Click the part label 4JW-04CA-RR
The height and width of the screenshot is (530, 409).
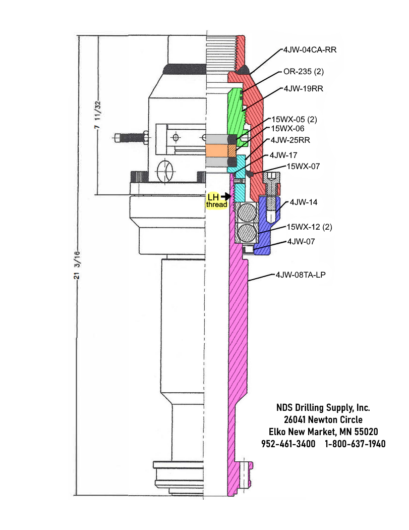click(310, 50)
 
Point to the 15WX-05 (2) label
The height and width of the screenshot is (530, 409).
click(295, 120)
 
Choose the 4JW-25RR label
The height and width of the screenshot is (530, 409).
click(291, 139)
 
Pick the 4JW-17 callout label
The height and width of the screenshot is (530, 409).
click(284, 155)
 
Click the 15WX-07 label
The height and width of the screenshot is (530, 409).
click(303, 166)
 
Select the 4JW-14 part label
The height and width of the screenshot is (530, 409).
click(301, 202)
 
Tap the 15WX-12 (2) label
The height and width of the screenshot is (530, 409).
click(310, 227)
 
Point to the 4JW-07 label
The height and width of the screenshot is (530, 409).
click(301, 242)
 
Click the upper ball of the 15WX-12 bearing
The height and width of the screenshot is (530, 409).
click(247, 214)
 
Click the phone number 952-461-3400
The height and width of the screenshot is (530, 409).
click(288, 444)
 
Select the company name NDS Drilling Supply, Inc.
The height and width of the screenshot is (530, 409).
click(323, 407)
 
